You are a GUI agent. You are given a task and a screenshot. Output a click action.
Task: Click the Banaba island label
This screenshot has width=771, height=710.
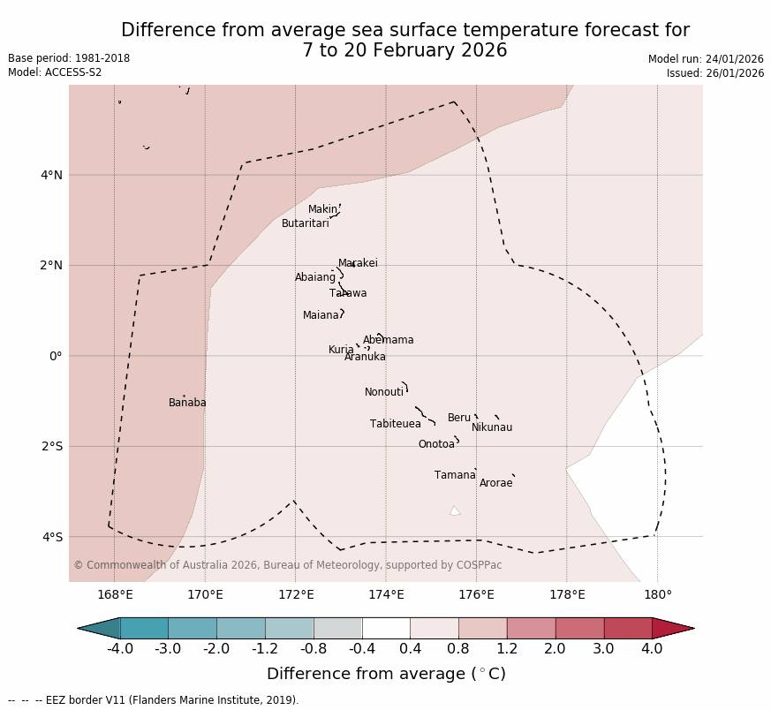(187, 403)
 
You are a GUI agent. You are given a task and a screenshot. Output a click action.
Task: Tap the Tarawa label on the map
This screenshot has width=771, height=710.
(348, 293)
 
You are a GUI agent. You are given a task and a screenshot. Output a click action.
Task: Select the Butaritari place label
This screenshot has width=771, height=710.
(305, 223)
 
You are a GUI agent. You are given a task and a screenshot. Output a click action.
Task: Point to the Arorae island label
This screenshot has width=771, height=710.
(495, 483)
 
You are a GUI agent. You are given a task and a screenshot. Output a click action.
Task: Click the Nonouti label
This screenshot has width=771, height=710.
(384, 392)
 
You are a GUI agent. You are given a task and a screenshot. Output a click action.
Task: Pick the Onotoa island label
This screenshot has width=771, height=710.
(436, 444)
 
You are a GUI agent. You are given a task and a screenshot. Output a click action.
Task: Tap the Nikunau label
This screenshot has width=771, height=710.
(491, 427)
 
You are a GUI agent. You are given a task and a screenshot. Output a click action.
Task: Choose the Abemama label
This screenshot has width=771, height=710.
(388, 340)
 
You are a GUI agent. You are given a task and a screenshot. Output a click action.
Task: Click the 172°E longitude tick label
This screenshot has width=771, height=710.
(296, 594)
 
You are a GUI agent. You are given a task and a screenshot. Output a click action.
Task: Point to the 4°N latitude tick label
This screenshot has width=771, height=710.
(51, 175)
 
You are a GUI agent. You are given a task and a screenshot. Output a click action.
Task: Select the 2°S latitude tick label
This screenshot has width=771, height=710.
(51, 446)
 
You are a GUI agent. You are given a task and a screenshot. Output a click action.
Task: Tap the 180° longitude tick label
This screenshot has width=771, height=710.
(657, 594)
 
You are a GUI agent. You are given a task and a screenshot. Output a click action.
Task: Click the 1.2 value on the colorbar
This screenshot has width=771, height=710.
(507, 649)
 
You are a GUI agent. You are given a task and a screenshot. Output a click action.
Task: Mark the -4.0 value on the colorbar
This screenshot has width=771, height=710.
(120, 649)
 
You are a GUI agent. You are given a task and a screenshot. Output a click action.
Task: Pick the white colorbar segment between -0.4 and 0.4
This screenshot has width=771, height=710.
(386, 628)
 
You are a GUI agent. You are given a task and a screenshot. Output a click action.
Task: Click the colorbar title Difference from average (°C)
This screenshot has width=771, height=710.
(386, 674)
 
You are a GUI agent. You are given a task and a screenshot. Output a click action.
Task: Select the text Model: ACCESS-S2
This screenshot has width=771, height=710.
(55, 72)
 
